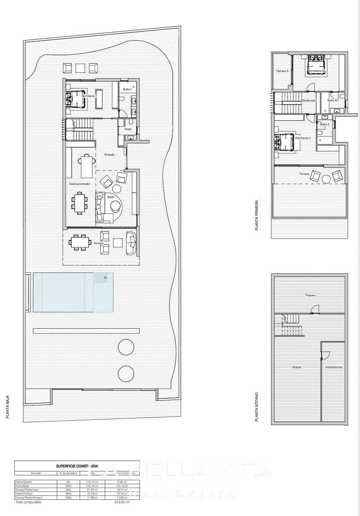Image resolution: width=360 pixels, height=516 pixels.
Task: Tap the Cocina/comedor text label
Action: (79, 183)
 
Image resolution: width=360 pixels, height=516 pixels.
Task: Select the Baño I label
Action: (127, 90)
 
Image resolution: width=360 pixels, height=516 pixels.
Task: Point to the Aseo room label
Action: (128, 129)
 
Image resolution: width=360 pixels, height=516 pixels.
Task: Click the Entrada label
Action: (109, 155)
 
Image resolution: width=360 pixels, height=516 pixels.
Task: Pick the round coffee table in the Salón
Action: (116, 206)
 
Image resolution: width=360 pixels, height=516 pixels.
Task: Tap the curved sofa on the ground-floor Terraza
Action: (131, 243)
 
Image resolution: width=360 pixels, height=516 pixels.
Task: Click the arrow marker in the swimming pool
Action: (106, 277)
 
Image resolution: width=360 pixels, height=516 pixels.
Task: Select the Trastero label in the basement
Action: (311, 295)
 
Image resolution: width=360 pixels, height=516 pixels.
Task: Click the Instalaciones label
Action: (334, 367)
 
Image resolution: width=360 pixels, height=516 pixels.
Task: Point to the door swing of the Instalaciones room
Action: (326, 353)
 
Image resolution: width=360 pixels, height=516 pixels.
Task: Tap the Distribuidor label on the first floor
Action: (308, 101)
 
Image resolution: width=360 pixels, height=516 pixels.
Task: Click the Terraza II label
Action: (282, 71)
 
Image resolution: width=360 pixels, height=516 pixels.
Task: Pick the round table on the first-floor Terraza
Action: (326, 179)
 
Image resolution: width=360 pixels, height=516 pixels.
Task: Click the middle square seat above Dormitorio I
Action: (80, 68)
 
